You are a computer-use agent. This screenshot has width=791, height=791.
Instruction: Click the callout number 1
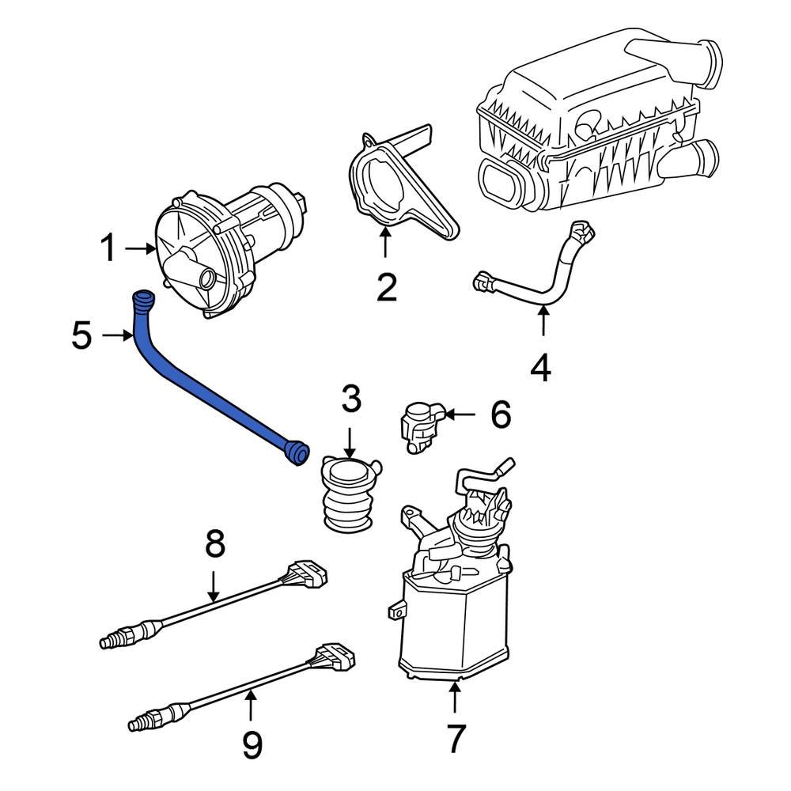point(108,249)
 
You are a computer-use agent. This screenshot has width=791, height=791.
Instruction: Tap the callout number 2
point(386,289)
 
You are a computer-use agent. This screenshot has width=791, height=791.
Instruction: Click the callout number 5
point(81,336)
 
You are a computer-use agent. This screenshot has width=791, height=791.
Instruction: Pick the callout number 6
point(501,414)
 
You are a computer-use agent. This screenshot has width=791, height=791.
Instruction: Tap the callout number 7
point(455,740)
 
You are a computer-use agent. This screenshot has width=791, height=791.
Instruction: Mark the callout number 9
point(252,744)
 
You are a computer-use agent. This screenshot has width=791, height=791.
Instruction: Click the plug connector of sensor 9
point(335,656)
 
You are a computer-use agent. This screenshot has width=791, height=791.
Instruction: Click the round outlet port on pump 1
point(208,278)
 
